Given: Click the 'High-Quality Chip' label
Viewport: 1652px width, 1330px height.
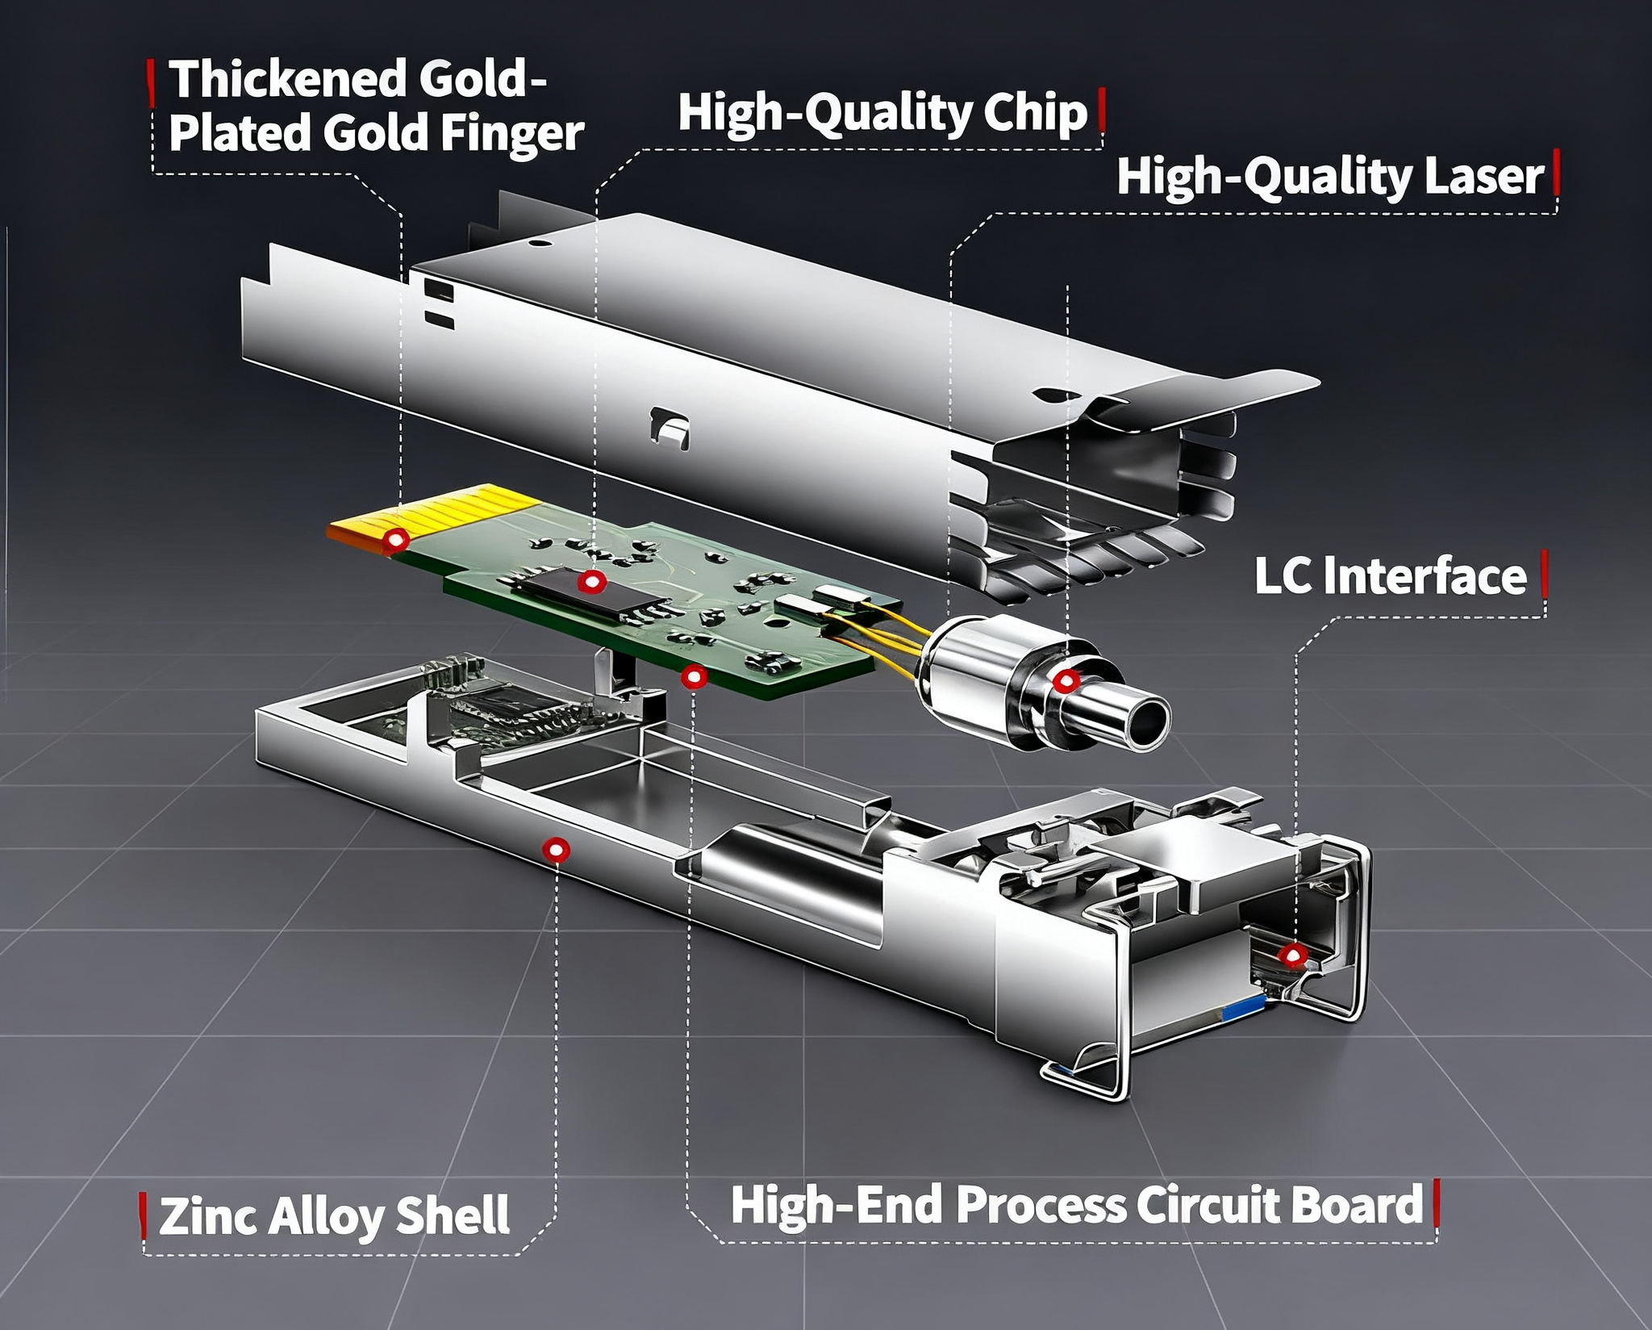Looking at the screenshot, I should pos(882,113).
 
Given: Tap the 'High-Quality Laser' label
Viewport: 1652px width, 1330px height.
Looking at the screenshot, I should pos(1329,177).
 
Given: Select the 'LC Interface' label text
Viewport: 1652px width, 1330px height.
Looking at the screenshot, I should pos(1390,576).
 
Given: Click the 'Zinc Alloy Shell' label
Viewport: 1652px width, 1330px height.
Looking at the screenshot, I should pos(334,1215).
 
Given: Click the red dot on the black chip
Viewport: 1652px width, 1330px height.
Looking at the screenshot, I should pos(591,581).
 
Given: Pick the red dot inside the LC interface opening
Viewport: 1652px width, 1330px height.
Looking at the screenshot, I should pos(1294,957).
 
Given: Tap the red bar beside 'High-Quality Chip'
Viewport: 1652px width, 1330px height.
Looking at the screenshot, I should pos(1101,111).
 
